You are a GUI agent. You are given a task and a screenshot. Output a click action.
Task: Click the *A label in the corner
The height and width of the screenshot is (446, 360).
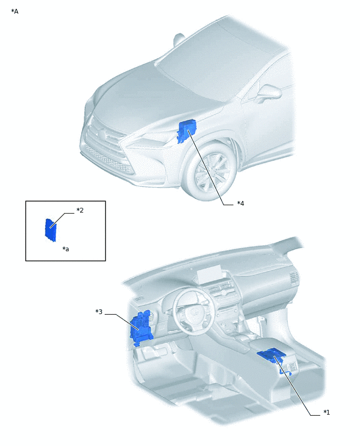[15, 11]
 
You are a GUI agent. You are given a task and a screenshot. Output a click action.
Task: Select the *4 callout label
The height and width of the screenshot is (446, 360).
[240, 203]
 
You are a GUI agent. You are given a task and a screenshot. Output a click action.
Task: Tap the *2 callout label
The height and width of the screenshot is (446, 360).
[80, 210]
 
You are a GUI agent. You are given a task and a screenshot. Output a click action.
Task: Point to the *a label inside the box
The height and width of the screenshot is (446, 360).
[65, 249]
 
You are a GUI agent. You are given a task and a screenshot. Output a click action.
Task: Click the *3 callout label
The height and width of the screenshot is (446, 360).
[99, 312]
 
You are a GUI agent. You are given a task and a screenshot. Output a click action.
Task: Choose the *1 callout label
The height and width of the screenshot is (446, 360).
[327, 412]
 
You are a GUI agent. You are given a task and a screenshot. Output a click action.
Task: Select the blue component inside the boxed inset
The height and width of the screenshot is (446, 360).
[51, 230]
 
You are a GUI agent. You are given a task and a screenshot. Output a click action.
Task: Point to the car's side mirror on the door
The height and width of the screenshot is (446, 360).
[270, 93]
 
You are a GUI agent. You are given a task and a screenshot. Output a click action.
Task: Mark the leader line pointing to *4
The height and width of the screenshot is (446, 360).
[209, 173]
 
